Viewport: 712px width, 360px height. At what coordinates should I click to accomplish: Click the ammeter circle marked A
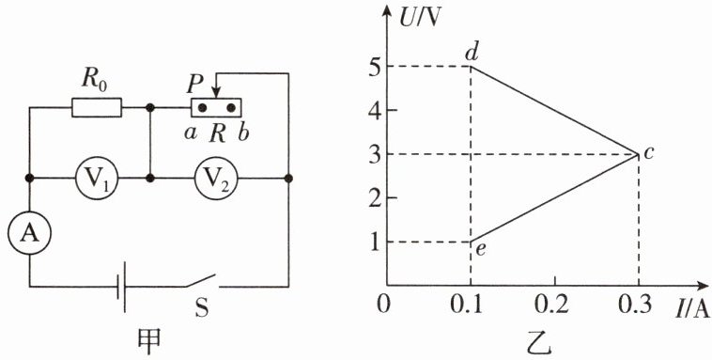[29, 233]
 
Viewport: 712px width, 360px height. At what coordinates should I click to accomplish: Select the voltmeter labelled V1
[96, 179]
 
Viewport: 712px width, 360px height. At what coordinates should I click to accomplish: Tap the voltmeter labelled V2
[217, 179]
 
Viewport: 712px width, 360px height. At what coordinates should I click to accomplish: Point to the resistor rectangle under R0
[97, 108]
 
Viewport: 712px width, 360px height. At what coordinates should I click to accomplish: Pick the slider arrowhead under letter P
[217, 93]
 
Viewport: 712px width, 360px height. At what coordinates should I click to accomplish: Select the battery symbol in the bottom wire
[121, 287]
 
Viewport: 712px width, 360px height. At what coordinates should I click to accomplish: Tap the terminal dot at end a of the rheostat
[203, 108]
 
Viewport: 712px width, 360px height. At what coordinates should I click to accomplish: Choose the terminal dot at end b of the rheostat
[231, 108]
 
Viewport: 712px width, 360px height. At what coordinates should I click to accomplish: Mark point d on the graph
[471, 67]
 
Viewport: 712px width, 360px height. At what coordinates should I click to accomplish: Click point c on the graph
[639, 154]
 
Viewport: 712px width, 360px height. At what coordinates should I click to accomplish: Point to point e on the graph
[471, 242]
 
